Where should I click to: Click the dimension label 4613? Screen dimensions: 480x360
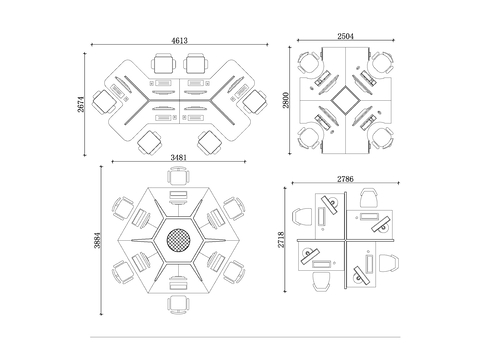[179, 40]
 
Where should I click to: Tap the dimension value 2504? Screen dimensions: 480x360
[345, 36]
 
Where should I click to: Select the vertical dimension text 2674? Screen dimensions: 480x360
[81, 104]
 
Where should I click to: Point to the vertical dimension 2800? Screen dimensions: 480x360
[286, 100]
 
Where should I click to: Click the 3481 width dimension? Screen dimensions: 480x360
[179, 157]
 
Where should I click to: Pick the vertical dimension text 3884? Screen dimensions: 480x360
[97, 240]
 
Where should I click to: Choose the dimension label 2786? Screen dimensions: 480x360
[345, 179]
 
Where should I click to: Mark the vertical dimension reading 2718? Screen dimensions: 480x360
[281, 240]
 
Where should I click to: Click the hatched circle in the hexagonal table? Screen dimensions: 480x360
[178, 240]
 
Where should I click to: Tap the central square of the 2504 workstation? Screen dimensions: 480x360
[345, 100]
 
